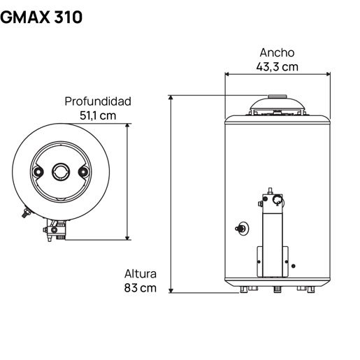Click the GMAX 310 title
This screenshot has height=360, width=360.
point(41,17)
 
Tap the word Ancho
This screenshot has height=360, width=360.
point(277,52)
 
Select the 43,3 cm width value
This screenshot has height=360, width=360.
point(277,66)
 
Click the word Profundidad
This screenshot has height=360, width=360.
point(98,101)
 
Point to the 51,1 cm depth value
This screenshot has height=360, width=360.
point(98,115)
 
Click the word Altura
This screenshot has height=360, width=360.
point(141,274)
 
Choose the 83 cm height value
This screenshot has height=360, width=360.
point(141,288)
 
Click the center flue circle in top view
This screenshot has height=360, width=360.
point(61,172)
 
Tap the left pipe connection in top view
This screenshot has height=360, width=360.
point(38,172)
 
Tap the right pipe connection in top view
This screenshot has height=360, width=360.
point(83,172)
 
